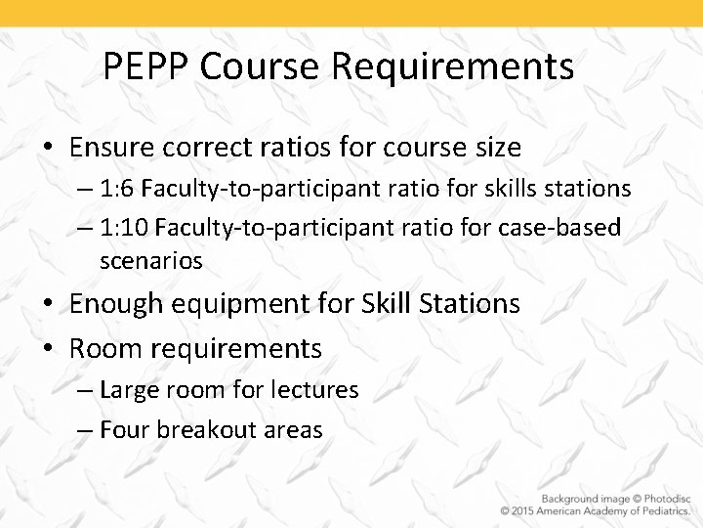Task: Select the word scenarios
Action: pos(150,261)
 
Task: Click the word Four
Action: pos(122,429)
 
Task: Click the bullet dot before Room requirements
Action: pos(48,348)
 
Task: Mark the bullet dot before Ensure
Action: pos(48,149)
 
